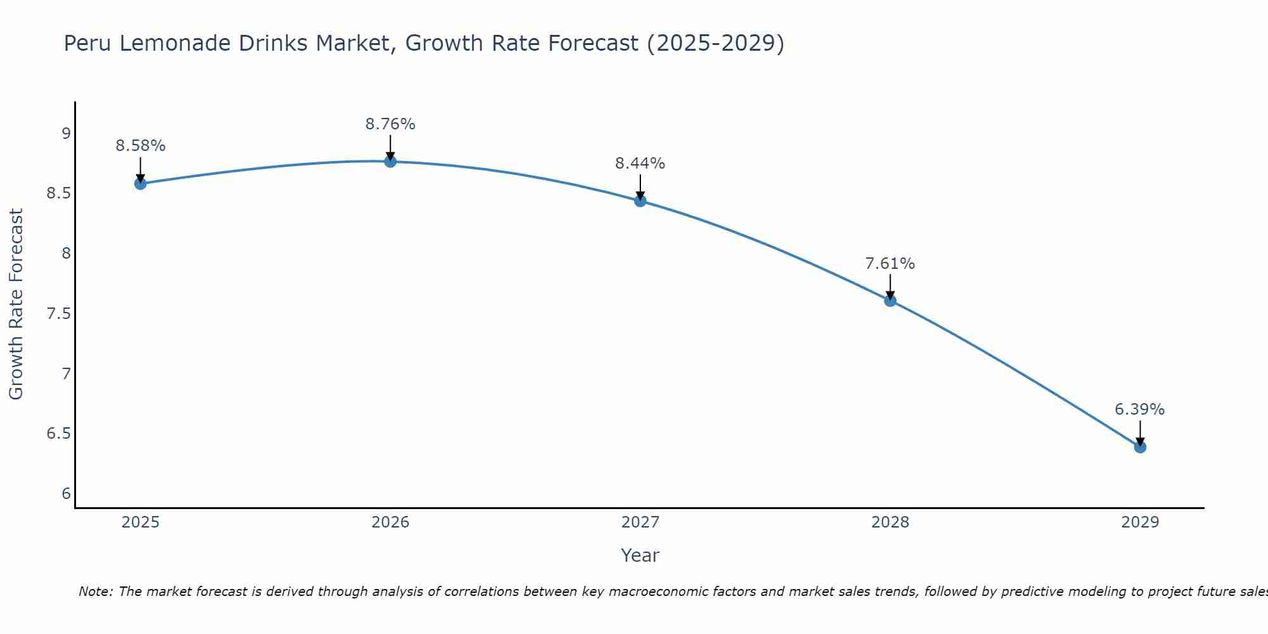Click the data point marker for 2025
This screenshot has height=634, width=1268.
[x=140, y=184]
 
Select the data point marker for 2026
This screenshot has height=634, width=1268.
[x=391, y=162]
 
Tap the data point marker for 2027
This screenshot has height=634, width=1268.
[x=640, y=201]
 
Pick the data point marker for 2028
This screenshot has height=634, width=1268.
[x=890, y=301]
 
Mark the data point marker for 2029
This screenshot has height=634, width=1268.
[x=1140, y=447]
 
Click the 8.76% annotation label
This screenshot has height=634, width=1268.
[x=391, y=124]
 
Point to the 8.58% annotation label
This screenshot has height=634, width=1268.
[x=140, y=146]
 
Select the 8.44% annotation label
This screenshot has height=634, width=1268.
[x=640, y=164]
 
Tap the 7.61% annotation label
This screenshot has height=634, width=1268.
[x=890, y=264]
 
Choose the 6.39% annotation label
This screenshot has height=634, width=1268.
[x=1140, y=410]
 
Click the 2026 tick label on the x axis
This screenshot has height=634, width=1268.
[x=391, y=522]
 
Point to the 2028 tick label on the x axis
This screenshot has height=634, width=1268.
[x=890, y=522]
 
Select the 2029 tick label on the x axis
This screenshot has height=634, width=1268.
[x=1140, y=522]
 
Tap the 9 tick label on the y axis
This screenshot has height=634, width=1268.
[x=66, y=134]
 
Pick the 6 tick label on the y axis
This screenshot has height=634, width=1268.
[x=66, y=495]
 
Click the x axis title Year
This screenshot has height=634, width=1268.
[x=640, y=555]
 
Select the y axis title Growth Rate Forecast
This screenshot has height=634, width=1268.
[x=16, y=304]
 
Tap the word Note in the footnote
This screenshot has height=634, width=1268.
[x=95, y=592]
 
